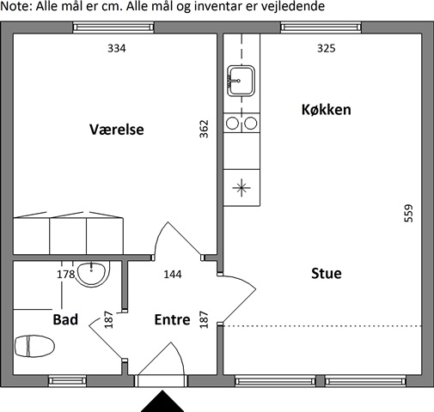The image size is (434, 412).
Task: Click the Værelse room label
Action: (117, 130)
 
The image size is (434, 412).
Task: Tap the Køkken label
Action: (327, 110)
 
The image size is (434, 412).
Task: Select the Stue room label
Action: (327, 273)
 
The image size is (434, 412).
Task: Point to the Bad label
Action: (65, 319)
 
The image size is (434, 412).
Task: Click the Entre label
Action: (172, 319)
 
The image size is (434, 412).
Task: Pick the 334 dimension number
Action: (117, 48)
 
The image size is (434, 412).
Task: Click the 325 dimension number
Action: (327, 48)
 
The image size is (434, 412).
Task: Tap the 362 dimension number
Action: (204, 129)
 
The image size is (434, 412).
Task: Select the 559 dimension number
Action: (408, 213)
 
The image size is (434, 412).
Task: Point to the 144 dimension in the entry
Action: (173, 275)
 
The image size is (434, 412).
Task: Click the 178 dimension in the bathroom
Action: (66, 275)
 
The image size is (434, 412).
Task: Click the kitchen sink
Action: (241, 81)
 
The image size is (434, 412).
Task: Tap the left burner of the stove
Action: (232, 124)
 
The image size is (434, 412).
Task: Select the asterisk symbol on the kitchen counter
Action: (241, 188)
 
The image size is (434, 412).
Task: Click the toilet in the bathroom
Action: (34, 346)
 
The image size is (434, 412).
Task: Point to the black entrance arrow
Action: (162, 401)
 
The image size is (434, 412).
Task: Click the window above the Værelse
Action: (113, 27)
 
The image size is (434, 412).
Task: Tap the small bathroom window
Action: (67, 381)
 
